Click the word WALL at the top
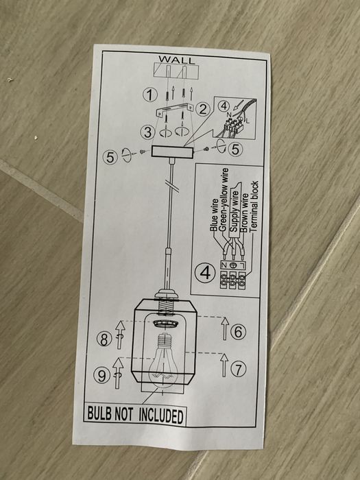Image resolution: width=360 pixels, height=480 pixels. tap(176, 60)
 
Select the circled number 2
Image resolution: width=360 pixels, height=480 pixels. tap(202, 108)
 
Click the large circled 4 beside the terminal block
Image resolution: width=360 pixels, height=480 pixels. tap(203, 272)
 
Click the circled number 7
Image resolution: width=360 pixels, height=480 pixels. tap(238, 369)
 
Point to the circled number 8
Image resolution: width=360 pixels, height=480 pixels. tap(104, 338)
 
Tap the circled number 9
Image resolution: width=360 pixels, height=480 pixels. tap(103, 375)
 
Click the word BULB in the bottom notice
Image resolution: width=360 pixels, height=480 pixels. tap(102, 414)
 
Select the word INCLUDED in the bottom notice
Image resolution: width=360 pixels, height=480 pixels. tap(161, 416)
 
